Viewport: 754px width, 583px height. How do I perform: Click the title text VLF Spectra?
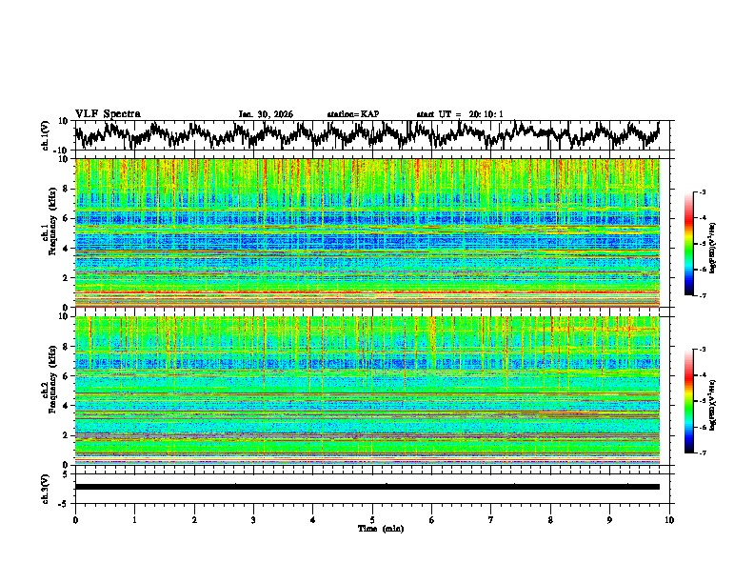pos(108,113)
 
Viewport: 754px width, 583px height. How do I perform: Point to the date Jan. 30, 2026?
pos(266,114)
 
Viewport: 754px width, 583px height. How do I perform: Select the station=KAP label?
pos(352,114)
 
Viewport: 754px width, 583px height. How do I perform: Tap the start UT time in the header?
pos(459,114)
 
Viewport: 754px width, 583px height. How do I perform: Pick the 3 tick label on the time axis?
pos(253,519)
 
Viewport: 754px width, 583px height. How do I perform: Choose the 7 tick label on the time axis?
pos(491,519)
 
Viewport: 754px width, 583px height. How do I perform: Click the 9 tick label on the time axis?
pos(610,519)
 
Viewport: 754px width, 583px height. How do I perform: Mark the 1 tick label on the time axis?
pos(134,519)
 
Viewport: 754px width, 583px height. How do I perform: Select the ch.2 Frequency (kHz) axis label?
pos(49,391)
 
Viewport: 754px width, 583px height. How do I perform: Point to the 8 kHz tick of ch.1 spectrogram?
pos(65,189)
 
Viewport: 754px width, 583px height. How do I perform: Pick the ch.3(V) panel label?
pos(47,487)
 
